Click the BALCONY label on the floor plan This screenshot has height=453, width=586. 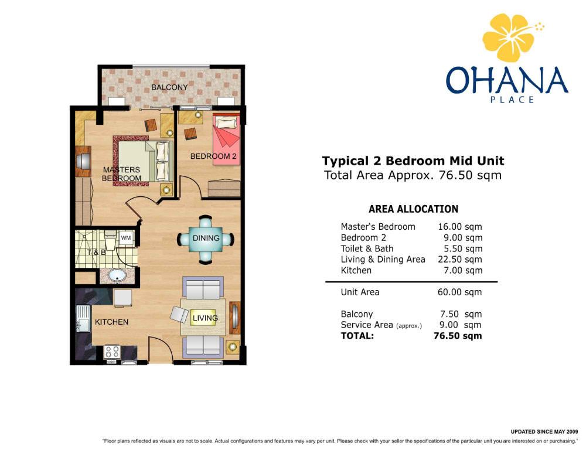pos(169,87)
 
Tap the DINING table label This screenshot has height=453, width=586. pos(206,238)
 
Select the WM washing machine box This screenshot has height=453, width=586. pos(126,238)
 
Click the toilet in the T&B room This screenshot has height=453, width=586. pos(110,241)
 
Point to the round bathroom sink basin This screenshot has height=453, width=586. pos(117,275)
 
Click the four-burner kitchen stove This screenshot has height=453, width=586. pos(112,352)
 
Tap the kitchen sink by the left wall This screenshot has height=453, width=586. pos(83,318)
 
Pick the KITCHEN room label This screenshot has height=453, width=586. pos(111,322)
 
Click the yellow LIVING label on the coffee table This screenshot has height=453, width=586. pos(205,318)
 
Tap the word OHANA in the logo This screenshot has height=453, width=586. pos(507,80)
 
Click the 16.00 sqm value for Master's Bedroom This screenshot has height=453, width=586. pos(459,226)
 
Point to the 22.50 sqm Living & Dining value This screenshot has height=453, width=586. pos(459,260)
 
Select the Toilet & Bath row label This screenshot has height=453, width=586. pos(367,248)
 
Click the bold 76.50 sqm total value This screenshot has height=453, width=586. pos(458,336)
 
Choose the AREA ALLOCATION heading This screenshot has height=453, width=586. pos(413,209)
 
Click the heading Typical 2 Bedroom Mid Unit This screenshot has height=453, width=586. pos(413,161)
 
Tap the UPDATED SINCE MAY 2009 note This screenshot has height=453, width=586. pos(544,432)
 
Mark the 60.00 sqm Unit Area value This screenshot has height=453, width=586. pos(459,292)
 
